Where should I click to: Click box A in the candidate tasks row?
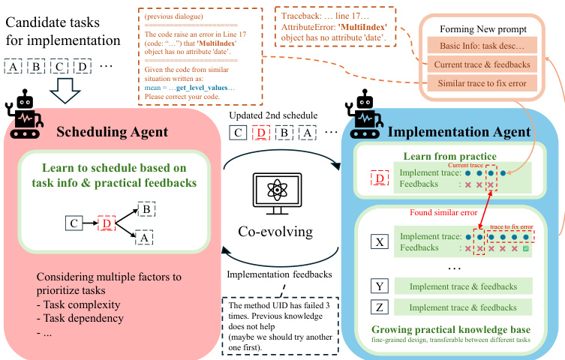pyautogui.click(x=14, y=67)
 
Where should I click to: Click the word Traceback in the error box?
pyautogui.click(x=299, y=14)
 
